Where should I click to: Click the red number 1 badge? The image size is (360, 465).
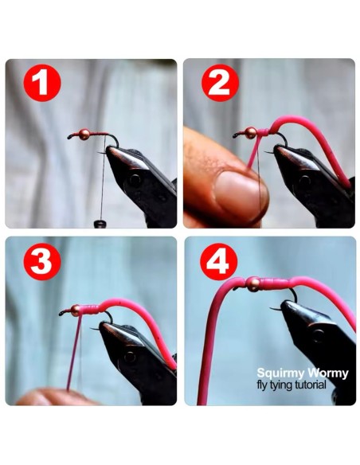point(42,83)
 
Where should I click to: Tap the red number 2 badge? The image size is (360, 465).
point(220,83)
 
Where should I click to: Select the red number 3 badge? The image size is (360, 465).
point(42,262)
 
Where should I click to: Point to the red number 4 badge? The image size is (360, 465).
point(219,262)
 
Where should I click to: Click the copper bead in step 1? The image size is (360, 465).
point(84,135)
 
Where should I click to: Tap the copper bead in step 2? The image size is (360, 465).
point(251,133)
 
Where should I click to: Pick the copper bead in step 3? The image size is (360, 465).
point(76,311)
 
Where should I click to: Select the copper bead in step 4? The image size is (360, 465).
point(253,283)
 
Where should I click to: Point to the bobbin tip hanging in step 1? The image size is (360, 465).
point(100,224)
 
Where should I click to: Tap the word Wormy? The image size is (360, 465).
point(328,373)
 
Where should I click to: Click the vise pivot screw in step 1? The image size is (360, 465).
point(135,179)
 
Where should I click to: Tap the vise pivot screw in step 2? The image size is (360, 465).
point(304,180)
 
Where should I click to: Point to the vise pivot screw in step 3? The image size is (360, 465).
point(130,357)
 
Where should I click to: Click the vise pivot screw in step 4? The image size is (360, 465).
point(319,336)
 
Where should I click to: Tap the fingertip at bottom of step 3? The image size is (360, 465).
point(53,397)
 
